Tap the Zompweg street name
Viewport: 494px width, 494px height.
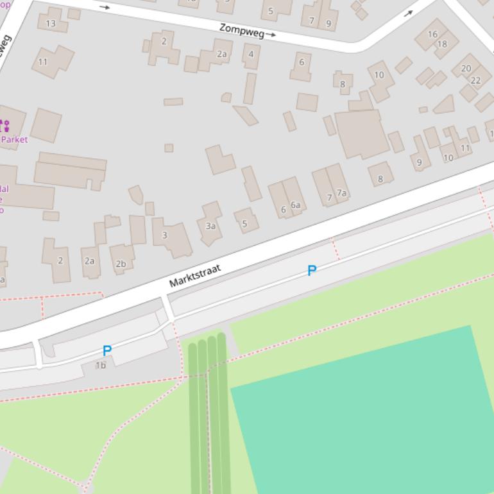point(241,30)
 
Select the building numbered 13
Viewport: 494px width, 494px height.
point(51,24)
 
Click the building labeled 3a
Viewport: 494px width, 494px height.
point(210,225)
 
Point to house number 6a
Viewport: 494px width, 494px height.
point(295,205)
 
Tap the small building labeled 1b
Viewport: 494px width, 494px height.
point(101,365)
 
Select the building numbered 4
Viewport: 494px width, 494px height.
point(251,54)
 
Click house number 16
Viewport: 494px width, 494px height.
point(432,34)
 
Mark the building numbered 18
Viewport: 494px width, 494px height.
point(443,44)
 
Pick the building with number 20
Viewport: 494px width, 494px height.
point(466,68)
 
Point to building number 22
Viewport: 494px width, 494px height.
point(475,80)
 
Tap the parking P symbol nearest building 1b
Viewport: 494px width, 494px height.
point(107,351)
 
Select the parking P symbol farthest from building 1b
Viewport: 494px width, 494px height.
point(312,271)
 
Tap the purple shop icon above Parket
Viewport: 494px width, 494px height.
point(4,126)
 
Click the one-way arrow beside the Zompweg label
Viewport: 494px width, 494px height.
point(271,35)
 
